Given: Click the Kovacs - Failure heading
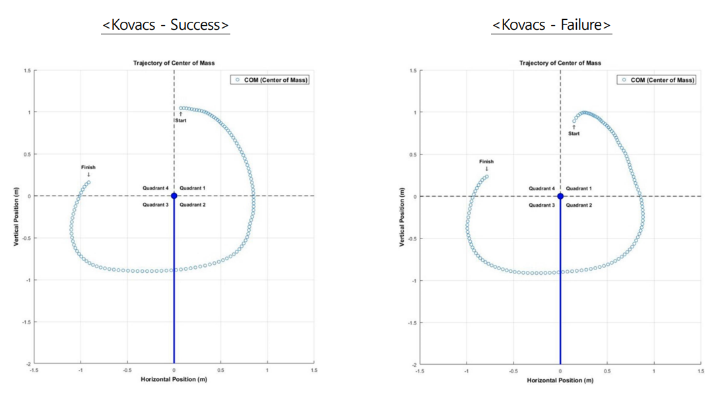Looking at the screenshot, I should click(x=552, y=25).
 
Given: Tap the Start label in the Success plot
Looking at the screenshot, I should click(x=180, y=120).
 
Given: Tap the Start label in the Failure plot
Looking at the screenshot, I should click(x=574, y=133).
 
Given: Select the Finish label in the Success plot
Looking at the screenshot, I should click(x=88, y=167).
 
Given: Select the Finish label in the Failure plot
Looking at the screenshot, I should click(x=486, y=161).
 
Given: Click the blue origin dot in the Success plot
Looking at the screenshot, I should click(x=174, y=196).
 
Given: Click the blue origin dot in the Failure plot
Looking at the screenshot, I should click(x=560, y=196).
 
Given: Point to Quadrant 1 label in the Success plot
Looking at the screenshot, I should click(x=193, y=188).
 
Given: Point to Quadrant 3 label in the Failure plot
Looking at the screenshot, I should click(x=541, y=205).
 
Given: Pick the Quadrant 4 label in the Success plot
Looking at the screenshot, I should click(x=156, y=188).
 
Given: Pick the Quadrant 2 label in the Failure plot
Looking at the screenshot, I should click(x=579, y=205).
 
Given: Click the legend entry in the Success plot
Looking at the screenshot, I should click(x=271, y=80).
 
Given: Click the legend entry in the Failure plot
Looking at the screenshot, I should click(x=657, y=80).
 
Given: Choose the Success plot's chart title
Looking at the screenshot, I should click(x=174, y=63).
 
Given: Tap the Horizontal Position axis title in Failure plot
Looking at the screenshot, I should click(x=560, y=380).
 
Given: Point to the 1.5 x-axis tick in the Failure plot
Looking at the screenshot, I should click(x=700, y=371).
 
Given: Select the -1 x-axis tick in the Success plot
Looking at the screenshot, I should click(x=81, y=371).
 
